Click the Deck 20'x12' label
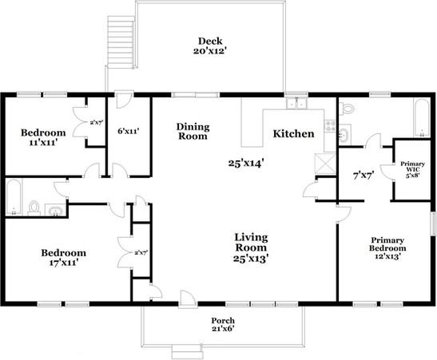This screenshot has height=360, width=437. point(209,45)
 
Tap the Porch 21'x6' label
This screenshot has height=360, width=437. point(223,325)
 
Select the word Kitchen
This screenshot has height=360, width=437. point(293,133)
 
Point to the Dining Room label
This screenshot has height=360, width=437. point(193,132)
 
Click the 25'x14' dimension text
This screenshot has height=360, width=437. point(246,163)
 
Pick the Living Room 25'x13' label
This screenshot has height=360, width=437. point(251,247)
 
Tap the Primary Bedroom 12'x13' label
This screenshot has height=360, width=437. point(387,248)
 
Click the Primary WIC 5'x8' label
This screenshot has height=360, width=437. point(412,169)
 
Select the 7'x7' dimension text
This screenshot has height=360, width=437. point(364,176)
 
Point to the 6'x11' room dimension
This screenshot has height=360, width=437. point(128,131)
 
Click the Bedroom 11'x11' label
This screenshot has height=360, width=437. point(43,137)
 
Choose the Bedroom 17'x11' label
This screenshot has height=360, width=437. point(64,258)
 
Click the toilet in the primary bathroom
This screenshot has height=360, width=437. point(346,108)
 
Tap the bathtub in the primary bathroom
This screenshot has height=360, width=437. point(421,118)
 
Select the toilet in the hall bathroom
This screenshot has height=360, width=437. point(34,208)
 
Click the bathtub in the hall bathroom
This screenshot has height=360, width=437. point(14,197)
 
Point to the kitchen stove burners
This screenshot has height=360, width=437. point(331,125)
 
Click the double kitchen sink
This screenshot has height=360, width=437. point(296,103)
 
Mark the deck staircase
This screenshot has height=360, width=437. point(121,42)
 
